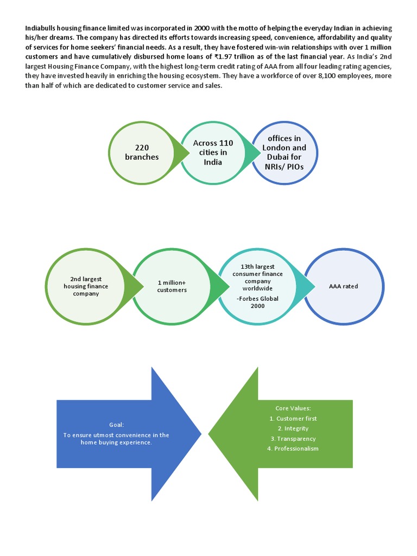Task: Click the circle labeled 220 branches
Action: (142, 153)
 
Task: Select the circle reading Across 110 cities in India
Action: (213, 153)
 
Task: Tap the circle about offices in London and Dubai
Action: (283, 153)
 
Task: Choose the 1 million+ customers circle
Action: (172, 286)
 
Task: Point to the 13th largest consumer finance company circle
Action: (257, 286)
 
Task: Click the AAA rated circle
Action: (344, 286)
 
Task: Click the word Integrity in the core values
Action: (293, 428)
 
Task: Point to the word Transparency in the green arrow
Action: (293, 438)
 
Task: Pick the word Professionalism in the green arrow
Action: (293, 448)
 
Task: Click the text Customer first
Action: (293, 419)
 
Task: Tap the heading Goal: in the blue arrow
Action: (116, 425)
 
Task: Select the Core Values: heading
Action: (293, 408)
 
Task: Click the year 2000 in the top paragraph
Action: (203, 28)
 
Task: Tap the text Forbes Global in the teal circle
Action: (258, 299)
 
